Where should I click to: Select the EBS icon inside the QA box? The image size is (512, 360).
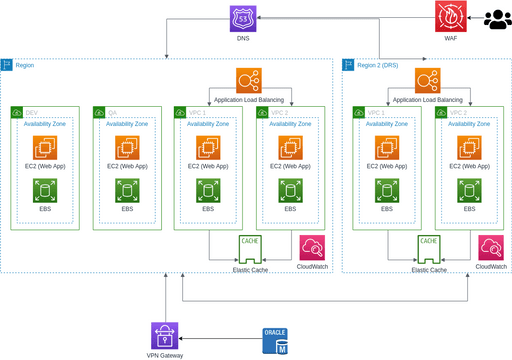(127, 192)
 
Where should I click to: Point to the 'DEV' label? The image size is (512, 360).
(32, 112)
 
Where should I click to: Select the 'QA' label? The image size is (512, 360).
(112, 112)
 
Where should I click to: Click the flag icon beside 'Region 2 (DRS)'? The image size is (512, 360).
(349, 65)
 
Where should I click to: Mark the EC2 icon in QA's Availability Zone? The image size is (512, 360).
(127, 148)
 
